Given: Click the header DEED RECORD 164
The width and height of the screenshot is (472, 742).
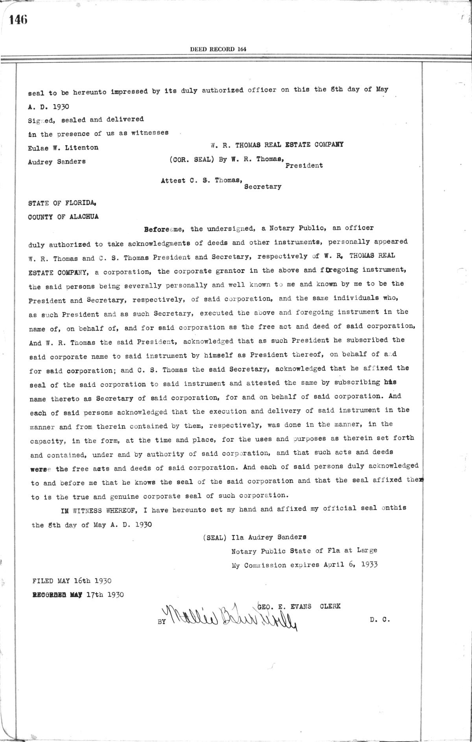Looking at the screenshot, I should click(218, 49).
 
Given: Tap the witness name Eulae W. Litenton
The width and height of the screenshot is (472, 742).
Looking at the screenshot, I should click(63, 148).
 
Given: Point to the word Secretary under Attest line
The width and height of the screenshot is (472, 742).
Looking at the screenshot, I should click(262, 187).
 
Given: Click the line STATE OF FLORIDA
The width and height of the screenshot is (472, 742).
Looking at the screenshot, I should click(62, 203).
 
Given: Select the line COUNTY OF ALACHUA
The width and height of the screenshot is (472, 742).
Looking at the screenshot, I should click(63, 217).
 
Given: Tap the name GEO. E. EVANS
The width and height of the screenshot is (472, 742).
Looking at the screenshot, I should click(284, 607).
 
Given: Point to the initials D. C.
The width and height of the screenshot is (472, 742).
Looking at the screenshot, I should click(380, 619).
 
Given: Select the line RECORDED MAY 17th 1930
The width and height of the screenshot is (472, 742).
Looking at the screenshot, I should click(77, 595).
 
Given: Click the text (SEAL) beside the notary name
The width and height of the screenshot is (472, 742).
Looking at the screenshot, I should click(214, 537).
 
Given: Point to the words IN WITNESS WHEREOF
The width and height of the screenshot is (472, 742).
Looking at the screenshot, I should click(98, 510).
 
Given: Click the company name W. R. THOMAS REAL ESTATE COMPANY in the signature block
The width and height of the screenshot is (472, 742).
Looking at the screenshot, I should click(277, 145).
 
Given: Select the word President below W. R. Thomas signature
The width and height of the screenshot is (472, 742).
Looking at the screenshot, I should click(304, 166).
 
